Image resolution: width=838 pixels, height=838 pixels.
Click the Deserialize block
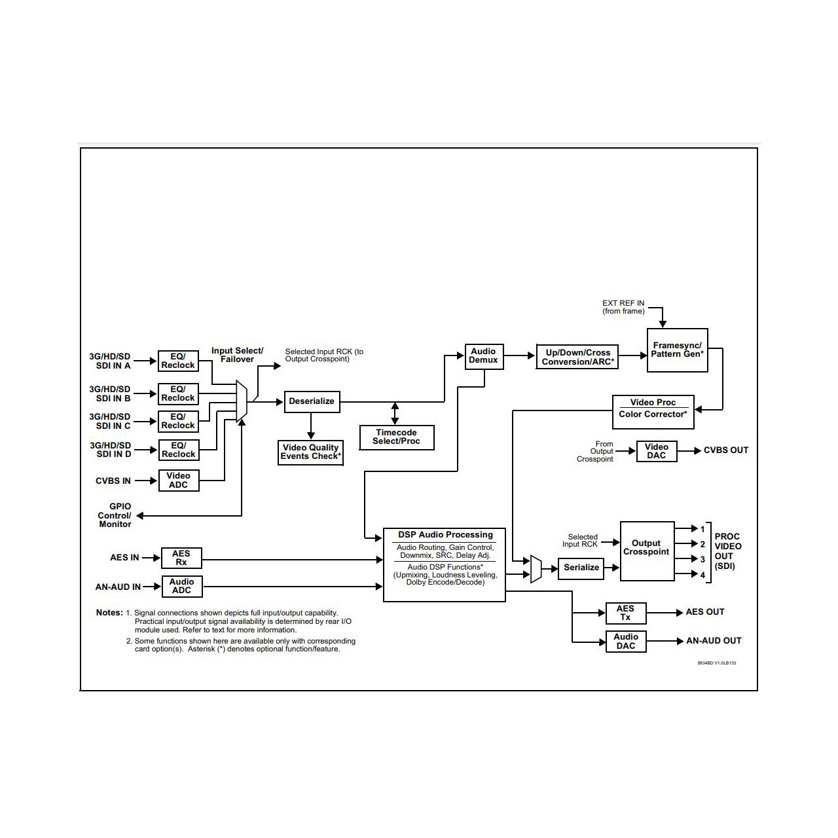(312, 401)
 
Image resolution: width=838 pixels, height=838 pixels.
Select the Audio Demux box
(484, 356)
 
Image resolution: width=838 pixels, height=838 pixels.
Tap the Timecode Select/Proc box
(396, 437)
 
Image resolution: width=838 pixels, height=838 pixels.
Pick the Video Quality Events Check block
(311, 452)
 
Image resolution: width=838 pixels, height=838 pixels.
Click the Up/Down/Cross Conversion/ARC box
(576, 357)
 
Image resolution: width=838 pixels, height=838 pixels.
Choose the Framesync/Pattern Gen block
(677, 350)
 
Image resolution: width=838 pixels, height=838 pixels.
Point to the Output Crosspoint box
(646, 551)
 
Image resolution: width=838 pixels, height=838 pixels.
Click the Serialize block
(581, 568)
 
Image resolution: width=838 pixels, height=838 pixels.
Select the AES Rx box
(181, 558)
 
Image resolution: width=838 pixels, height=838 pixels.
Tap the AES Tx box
(625, 613)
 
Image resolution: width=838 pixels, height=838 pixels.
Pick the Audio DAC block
(626, 642)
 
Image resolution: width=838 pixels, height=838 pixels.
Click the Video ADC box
(178, 481)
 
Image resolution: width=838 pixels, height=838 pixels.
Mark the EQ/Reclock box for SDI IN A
(178, 361)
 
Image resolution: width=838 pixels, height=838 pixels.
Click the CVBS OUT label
(725, 450)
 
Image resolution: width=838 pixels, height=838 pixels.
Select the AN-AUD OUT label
(714, 641)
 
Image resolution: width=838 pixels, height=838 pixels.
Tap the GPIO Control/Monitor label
(115, 515)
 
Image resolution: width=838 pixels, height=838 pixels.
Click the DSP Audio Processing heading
(445, 535)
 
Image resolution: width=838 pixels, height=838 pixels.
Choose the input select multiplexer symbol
(242, 401)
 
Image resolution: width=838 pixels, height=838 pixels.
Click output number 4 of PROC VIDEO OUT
(702, 575)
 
